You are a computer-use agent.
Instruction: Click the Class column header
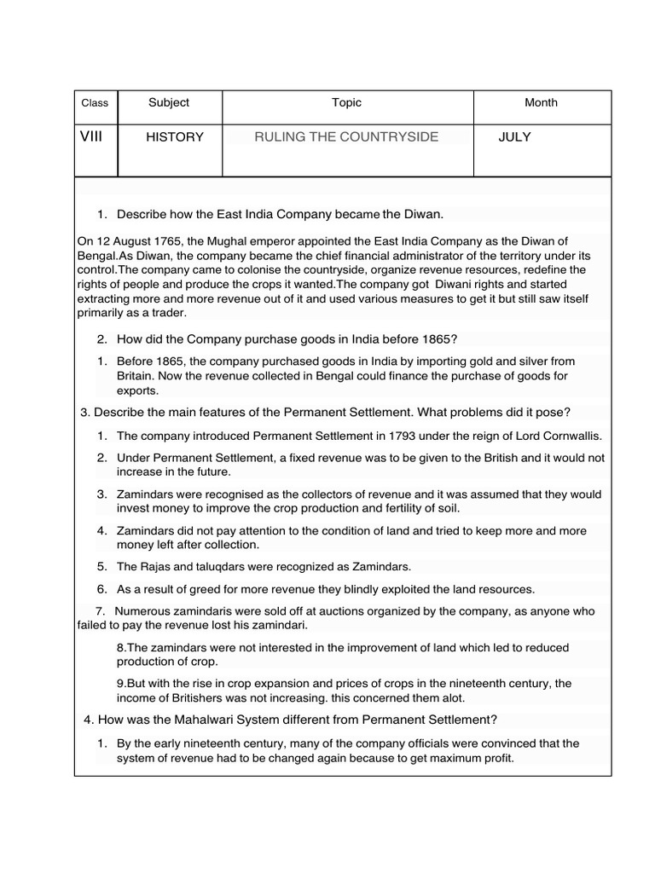(95, 103)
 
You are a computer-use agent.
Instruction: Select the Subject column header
(169, 102)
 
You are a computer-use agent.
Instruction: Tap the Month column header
(541, 102)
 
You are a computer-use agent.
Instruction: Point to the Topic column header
(346, 102)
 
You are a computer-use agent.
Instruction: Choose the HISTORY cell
(175, 137)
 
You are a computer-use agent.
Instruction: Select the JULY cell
(515, 137)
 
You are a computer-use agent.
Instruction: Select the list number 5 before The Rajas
(101, 566)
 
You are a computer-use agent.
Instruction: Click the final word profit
(496, 758)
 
